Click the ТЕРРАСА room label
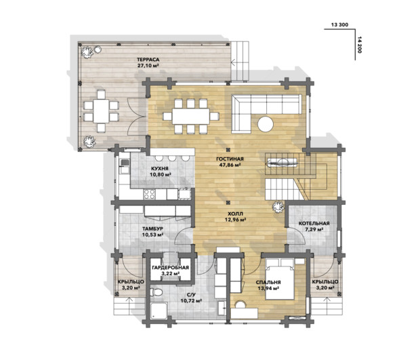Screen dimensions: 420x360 [x=148, y=60]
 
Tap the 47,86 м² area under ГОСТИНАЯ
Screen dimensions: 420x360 [x=230, y=165]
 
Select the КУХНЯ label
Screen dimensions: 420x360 [x=160, y=169]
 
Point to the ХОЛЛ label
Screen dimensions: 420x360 [x=236, y=214]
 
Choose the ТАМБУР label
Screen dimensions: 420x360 [x=152, y=229]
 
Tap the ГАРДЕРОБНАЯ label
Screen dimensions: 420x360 [x=170, y=268]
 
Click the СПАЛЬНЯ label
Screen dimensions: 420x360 [x=268, y=282]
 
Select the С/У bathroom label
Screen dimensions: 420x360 [x=191, y=295]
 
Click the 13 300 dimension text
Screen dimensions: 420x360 [x=339, y=24]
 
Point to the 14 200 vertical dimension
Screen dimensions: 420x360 [x=360, y=45]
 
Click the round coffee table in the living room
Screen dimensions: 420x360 [x=266, y=124]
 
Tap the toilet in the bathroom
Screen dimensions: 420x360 [x=156, y=292]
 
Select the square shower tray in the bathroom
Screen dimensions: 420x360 [x=159, y=311]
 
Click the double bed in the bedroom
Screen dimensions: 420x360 [x=280, y=279]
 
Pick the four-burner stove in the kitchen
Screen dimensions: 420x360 [x=150, y=195]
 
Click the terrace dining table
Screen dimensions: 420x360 [x=101, y=111]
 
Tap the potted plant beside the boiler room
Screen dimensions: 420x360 [x=278, y=207]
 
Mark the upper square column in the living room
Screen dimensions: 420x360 [x=228, y=150]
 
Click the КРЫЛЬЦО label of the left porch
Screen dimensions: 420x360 [x=131, y=282]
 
